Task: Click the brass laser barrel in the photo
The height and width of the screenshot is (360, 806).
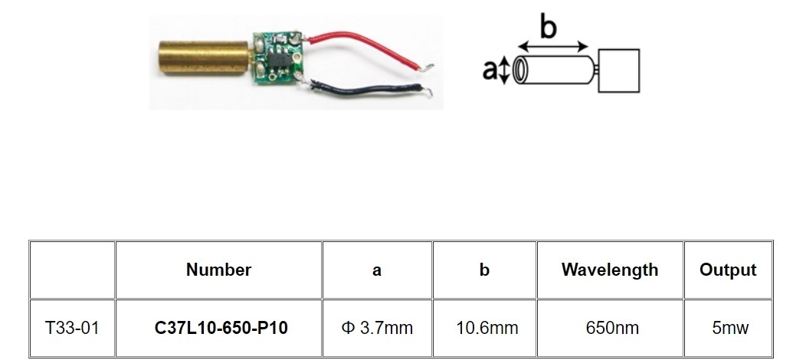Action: coord(204,57)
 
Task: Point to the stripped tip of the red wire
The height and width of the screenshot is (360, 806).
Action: coord(428,67)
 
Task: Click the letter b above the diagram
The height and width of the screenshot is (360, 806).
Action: coord(548,26)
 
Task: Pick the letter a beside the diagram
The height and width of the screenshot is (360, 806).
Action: coord(490,70)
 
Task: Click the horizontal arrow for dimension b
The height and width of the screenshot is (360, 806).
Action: coord(552,47)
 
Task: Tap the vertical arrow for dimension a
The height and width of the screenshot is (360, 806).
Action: coord(504,70)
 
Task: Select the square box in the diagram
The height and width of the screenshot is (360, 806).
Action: coord(619,71)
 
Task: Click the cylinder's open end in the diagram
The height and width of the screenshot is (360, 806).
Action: coord(519,70)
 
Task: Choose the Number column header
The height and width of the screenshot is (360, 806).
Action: coord(218,270)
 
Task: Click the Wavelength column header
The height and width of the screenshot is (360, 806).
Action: coord(610,270)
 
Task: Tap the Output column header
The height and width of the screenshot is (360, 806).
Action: coord(728,270)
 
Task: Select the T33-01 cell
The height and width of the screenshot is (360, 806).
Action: coord(72,328)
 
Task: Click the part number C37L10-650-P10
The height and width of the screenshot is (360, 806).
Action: coord(221,328)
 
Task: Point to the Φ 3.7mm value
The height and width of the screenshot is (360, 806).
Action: coord(377,328)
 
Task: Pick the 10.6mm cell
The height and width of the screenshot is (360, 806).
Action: coord(487,328)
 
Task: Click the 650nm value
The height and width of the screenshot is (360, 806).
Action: coord(612,328)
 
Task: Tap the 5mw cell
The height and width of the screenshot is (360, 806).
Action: coord(730,328)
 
